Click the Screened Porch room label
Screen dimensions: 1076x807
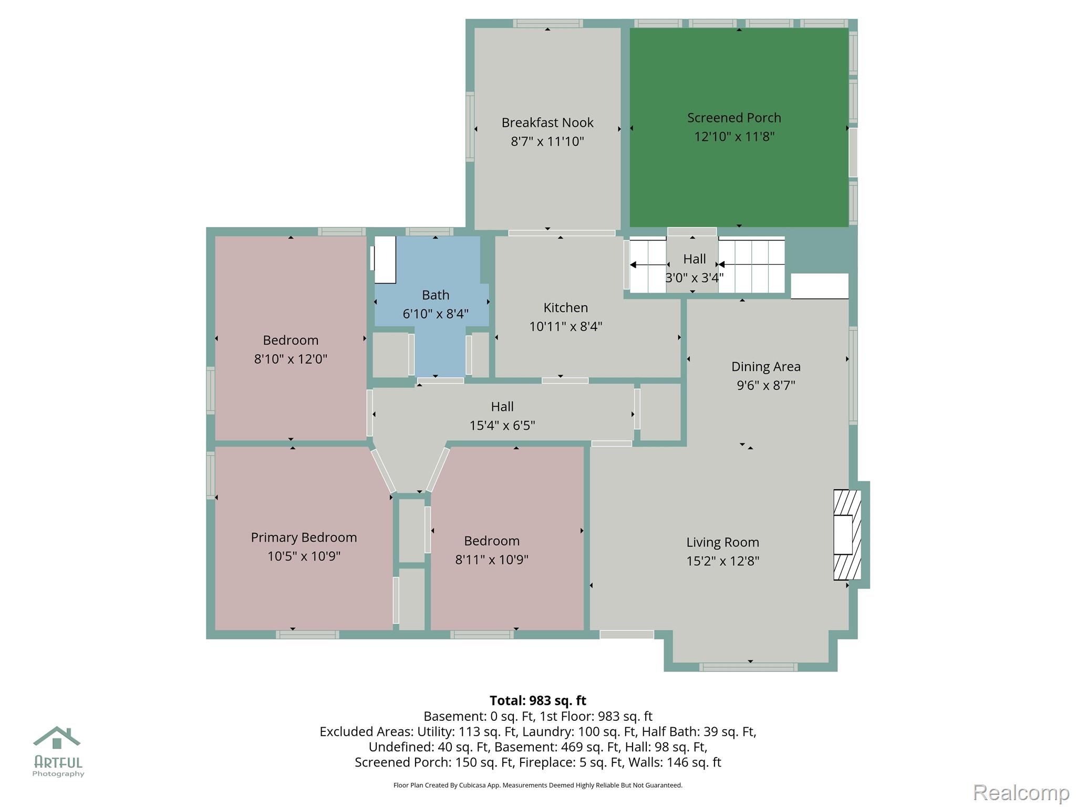pyautogui.click(x=734, y=118)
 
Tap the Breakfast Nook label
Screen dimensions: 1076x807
pyautogui.click(x=547, y=122)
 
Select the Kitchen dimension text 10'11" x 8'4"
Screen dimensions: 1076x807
pyautogui.click(x=565, y=326)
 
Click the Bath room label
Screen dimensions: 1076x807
pyautogui.click(x=436, y=295)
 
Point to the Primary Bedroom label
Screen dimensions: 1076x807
pyautogui.click(x=304, y=537)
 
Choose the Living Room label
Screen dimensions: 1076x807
pyautogui.click(x=722, y=542)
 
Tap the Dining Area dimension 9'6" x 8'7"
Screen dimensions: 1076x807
pyautogui.click(x=765, y=385)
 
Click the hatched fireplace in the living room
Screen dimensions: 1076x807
pyautogui.click(x=847, y=535)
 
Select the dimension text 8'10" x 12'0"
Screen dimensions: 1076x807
pyautogui.click(x=291, y=359)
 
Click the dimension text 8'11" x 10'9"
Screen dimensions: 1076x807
pyautogui.click(x=491, y=560)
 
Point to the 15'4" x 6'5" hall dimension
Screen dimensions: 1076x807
pyautogui.click(x=502, y=425)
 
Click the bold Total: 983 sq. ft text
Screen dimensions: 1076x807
pyautogui.click(x=537, y=700)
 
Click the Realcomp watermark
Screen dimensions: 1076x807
pyautogui.click(x=1021, y=792)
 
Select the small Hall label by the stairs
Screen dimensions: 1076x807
pyautogui.click(x=694, y=259)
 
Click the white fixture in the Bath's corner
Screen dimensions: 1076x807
pyautogui.click(x=385, y=260)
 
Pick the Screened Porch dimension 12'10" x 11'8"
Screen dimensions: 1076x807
pyautogui.click(x=734, y=137)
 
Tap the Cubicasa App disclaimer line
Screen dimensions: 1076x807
pyautogui.click(x=537, y=785)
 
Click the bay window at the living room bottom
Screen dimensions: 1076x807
pyautogui.click(x=748, y=667)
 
